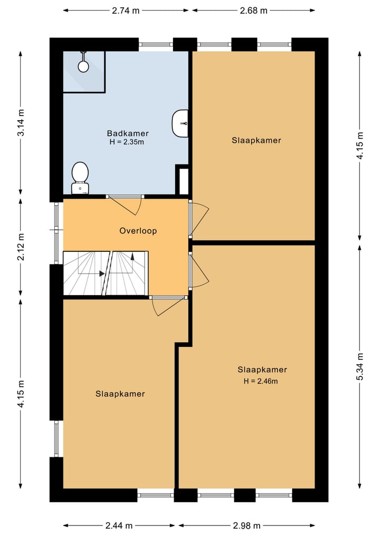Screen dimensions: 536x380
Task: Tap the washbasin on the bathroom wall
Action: click(180, 123)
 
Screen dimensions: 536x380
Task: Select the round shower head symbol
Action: click(83, 66)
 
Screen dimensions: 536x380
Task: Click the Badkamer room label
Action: click(127, 133)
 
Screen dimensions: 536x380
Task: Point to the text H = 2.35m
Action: click(127, 142)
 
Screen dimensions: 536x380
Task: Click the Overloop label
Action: click(138, 231)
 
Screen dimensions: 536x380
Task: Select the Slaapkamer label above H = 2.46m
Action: click(262, 369)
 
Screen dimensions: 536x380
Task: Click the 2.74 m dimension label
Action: click(126, 10)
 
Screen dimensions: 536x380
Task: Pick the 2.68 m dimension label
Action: click(254, 10)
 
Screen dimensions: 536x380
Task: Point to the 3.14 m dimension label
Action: click(21, 122)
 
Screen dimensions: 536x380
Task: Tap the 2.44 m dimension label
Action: click(119, 525)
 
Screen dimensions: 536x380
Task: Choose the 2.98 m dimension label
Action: click(247, 525)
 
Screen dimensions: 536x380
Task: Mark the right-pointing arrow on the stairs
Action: click(101, 274)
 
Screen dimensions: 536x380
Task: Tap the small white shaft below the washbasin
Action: click(183, 180)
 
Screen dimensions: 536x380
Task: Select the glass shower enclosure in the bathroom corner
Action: click(84, 72)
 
